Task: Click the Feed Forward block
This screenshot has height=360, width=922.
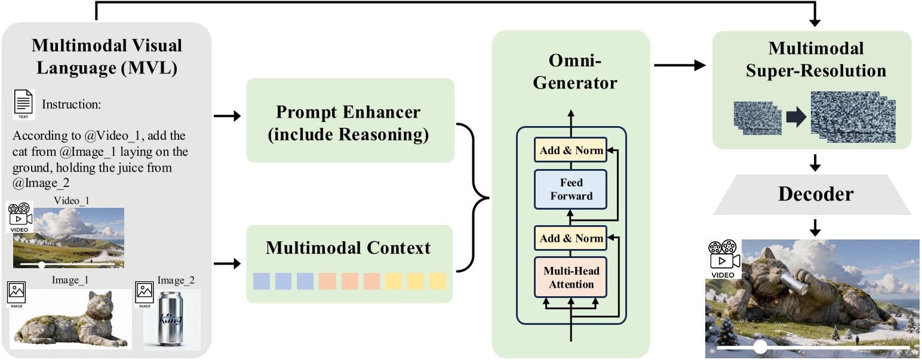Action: (x=571, y=189)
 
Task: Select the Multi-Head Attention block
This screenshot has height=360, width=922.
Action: (x=571, y=278)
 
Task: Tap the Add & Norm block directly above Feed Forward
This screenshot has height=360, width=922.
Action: (x=571, y=150)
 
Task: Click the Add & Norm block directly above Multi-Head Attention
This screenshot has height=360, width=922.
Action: (x=571, y=238)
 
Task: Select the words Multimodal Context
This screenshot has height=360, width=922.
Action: (x=348, y=247)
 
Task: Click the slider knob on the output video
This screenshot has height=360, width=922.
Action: (x=760, y=347)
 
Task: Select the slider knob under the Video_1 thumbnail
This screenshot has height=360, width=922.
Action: (x=41, y=263)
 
